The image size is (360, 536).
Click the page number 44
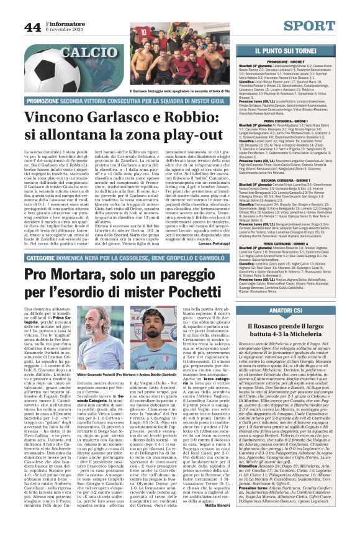[x=32, y=27]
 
